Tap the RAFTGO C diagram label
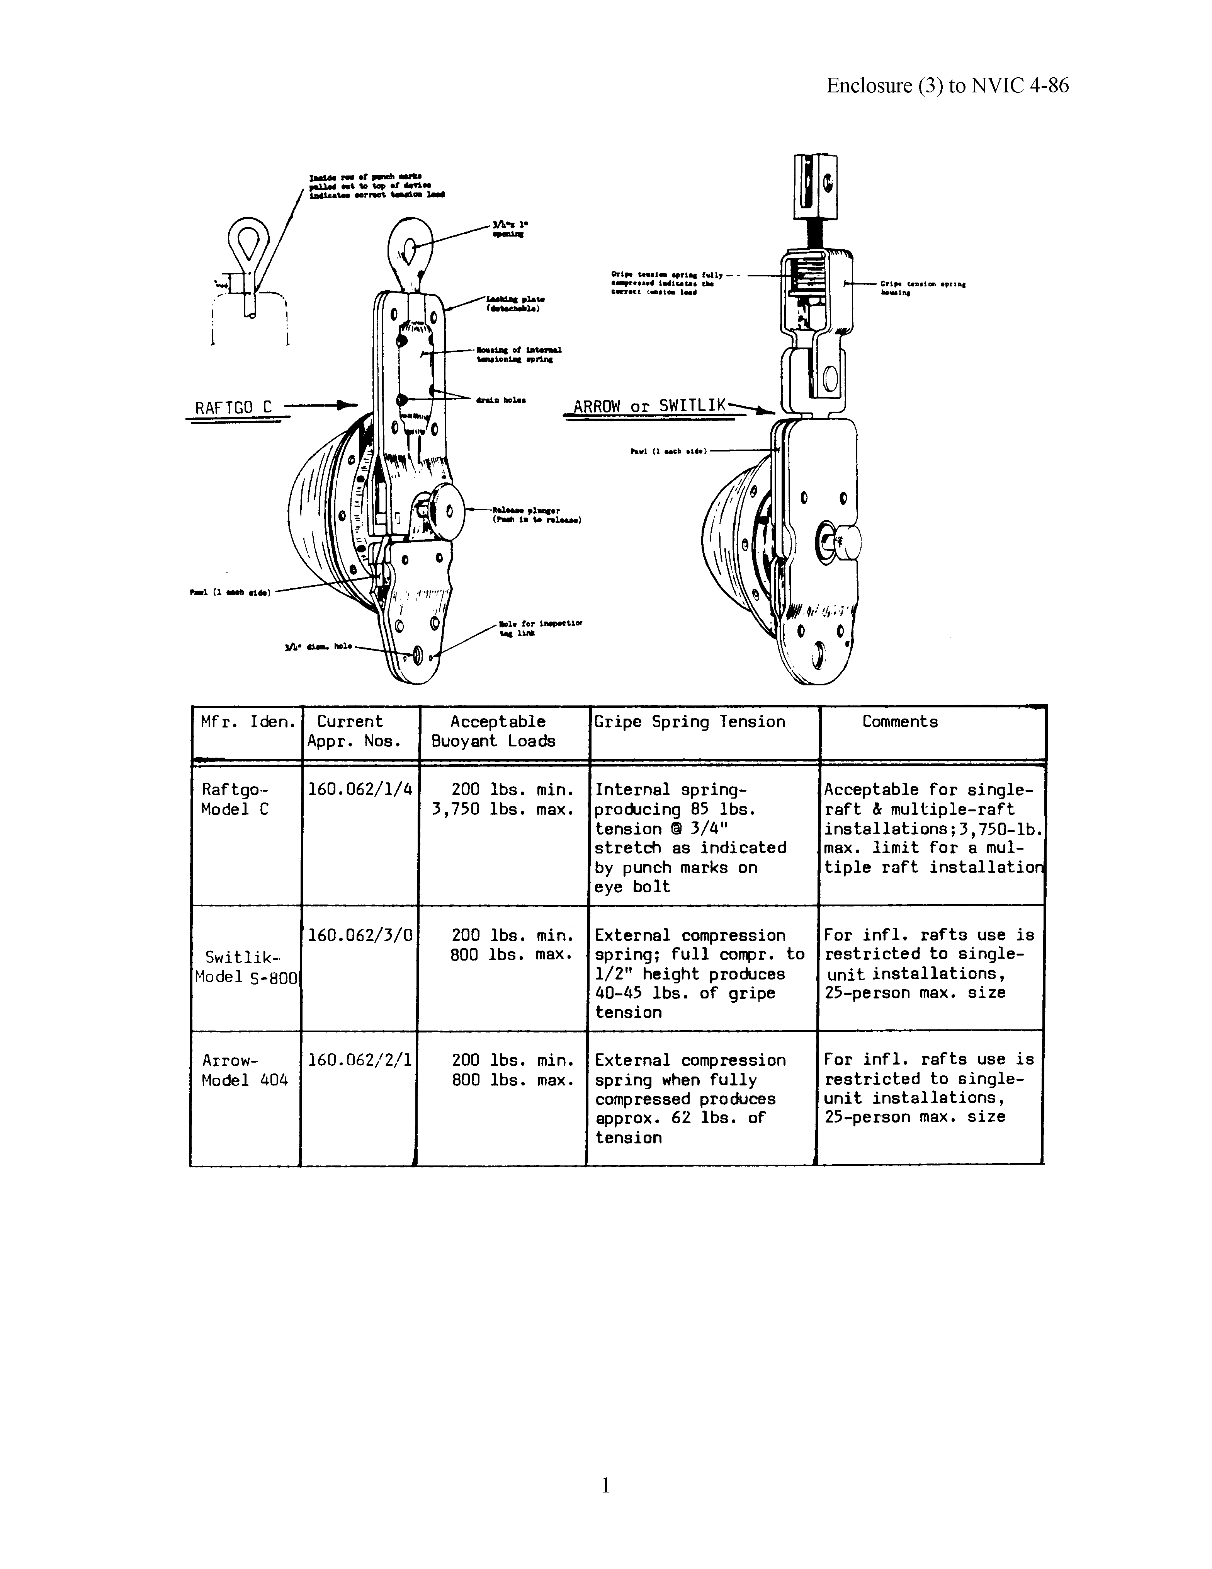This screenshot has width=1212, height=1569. coord(234,407)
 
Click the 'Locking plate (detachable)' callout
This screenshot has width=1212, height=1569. coord(515,303)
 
